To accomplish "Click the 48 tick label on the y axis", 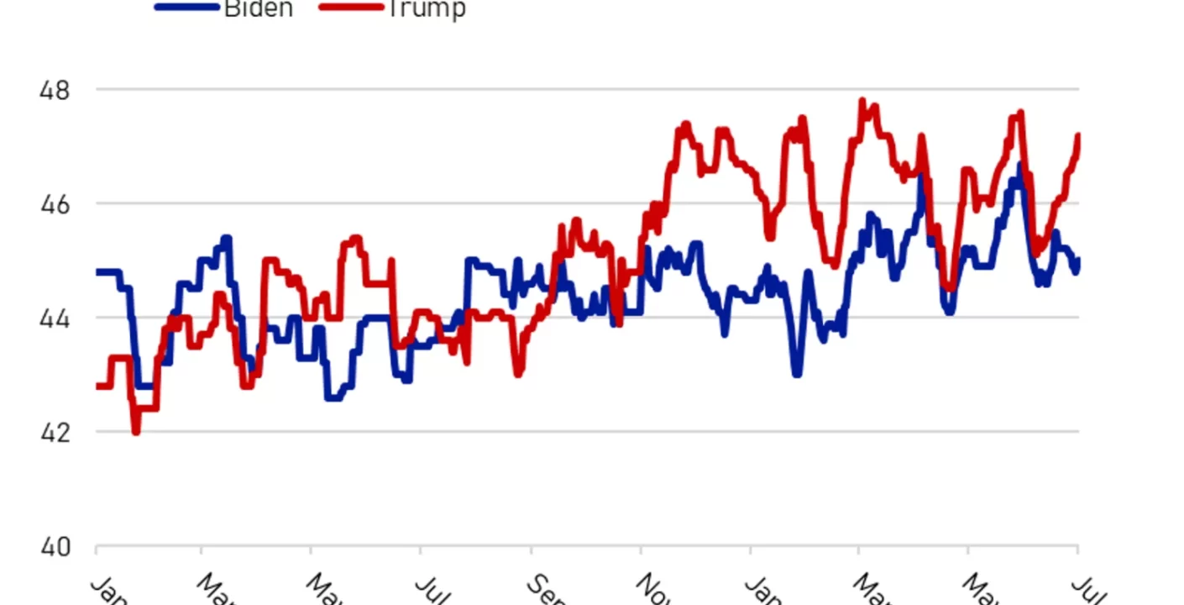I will click(x=55, y=90).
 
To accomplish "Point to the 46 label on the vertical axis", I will click(x=55, y=204).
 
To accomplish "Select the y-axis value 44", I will click(x=55, y=318).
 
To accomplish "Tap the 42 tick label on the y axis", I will click(x=55, y=433).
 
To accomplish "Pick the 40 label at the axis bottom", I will click(x=55, y=547).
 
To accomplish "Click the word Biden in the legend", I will click(x=258, y=8).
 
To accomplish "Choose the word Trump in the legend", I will click(x=424, y=8).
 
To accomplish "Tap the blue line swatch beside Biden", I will click(x=186, y=7).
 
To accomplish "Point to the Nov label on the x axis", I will click(x=653, y=588).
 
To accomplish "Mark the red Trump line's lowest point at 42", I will click(x=136, y=431).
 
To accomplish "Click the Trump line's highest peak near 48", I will click(x=862, y=101).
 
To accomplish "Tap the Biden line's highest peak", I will click(x=1019, y=165).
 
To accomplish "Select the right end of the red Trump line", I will click(x=1078, y=135).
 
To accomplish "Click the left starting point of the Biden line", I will click(x=97, y=271).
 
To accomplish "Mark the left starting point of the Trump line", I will click(x=97, y=386).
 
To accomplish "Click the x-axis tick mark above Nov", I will click(x=641, y=551).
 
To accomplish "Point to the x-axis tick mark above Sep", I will click(x=531, y=551).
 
